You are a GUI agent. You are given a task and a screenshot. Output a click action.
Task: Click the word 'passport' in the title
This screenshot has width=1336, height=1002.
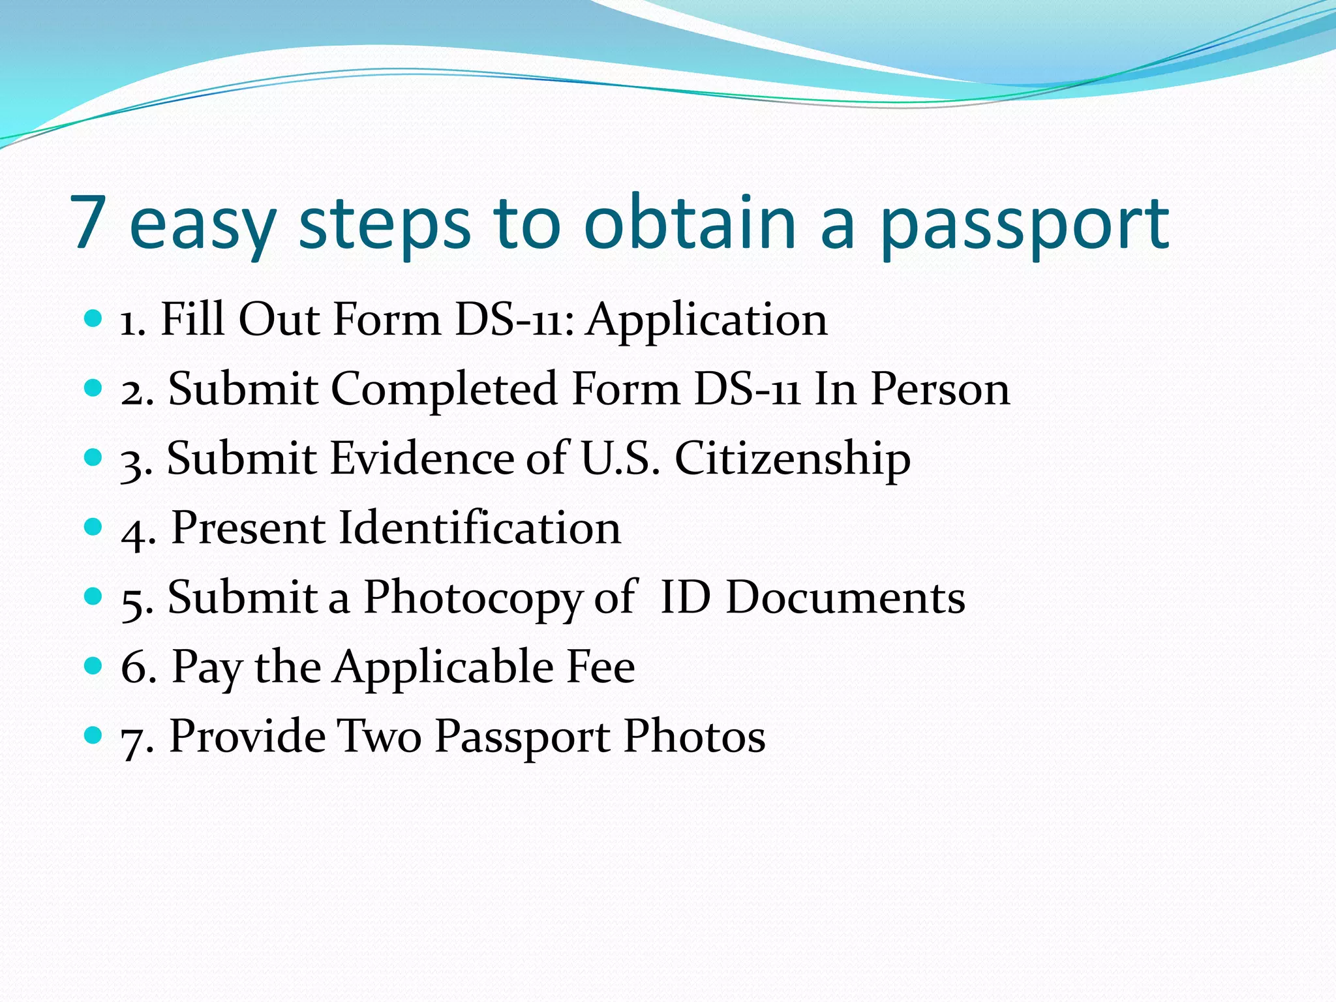pos(1024,225)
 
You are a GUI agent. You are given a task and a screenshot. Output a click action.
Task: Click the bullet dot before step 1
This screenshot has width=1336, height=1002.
pos(94,319)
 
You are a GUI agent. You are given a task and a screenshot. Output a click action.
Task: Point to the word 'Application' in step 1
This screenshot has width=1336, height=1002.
pos(706,321)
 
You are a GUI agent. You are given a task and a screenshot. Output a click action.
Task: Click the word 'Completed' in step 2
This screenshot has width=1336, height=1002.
pos(444,390)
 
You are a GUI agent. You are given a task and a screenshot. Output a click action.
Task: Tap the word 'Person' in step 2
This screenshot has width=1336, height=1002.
pos(940,389)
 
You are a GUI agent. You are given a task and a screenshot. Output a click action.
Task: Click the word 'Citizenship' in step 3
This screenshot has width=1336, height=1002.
pos(792,459)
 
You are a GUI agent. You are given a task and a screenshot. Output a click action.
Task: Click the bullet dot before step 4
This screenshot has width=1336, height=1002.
pos(94,526)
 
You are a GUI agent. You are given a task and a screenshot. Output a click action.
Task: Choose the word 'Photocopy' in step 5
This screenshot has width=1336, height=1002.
pos(472,598)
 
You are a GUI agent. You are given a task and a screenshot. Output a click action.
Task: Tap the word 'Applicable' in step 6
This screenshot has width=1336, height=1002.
pos(443,668)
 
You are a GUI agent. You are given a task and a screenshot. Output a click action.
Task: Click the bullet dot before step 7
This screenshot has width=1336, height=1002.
pos(94,735)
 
